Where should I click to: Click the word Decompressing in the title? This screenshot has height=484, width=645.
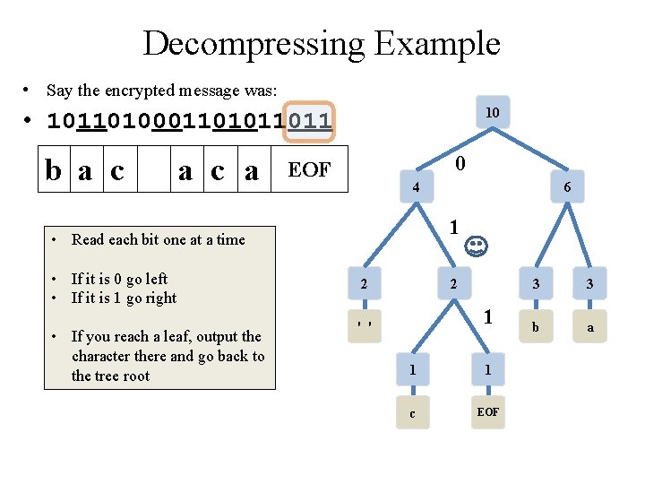(x=253, y=44)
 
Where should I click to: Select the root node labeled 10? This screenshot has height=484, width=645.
(x=492, y=112)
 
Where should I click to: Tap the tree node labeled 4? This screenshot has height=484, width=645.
(x=415, y=188)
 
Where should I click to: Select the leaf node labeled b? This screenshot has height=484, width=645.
(x=536, y=328)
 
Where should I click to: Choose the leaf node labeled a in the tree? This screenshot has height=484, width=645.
(x=590, y=328)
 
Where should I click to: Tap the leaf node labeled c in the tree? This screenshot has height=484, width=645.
(x=412, y=413)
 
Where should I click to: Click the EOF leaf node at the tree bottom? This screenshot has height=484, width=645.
(x=488, y=412)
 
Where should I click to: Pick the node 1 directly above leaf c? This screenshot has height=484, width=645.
(x=412, y=369)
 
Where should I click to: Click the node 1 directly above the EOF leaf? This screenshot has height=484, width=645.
(x=488, y=369)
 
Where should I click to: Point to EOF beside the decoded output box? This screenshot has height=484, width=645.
(x=309, y=170)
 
